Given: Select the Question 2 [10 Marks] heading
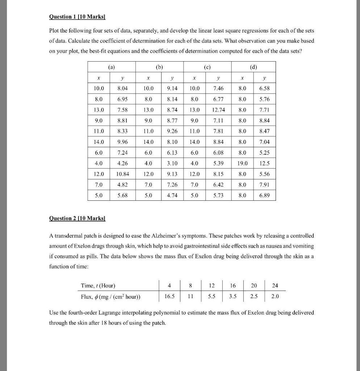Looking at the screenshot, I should (x=77, y=218).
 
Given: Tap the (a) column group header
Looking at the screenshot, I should (x=112, y=67).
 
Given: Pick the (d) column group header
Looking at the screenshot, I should (x=252, y=67).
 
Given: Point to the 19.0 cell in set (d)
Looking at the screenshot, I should (x=242, y=163).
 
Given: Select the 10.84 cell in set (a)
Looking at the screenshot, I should (x=124, y=174).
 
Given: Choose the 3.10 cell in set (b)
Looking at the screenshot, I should (x=172, y=163).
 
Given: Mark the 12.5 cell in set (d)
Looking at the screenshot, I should (x=264, y=163).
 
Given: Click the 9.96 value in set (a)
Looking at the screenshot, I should (x=124, y=142).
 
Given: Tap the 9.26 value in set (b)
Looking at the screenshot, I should (x=172, y=131).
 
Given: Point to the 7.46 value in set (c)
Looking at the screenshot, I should (x=218, y=88).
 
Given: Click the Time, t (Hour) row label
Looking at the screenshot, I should (x=98, y=285).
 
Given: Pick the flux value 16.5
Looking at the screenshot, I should (x=169, y=296).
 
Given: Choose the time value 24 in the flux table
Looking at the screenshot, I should (x=275, y=285).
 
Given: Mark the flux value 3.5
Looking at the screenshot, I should (x=233, y=296).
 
